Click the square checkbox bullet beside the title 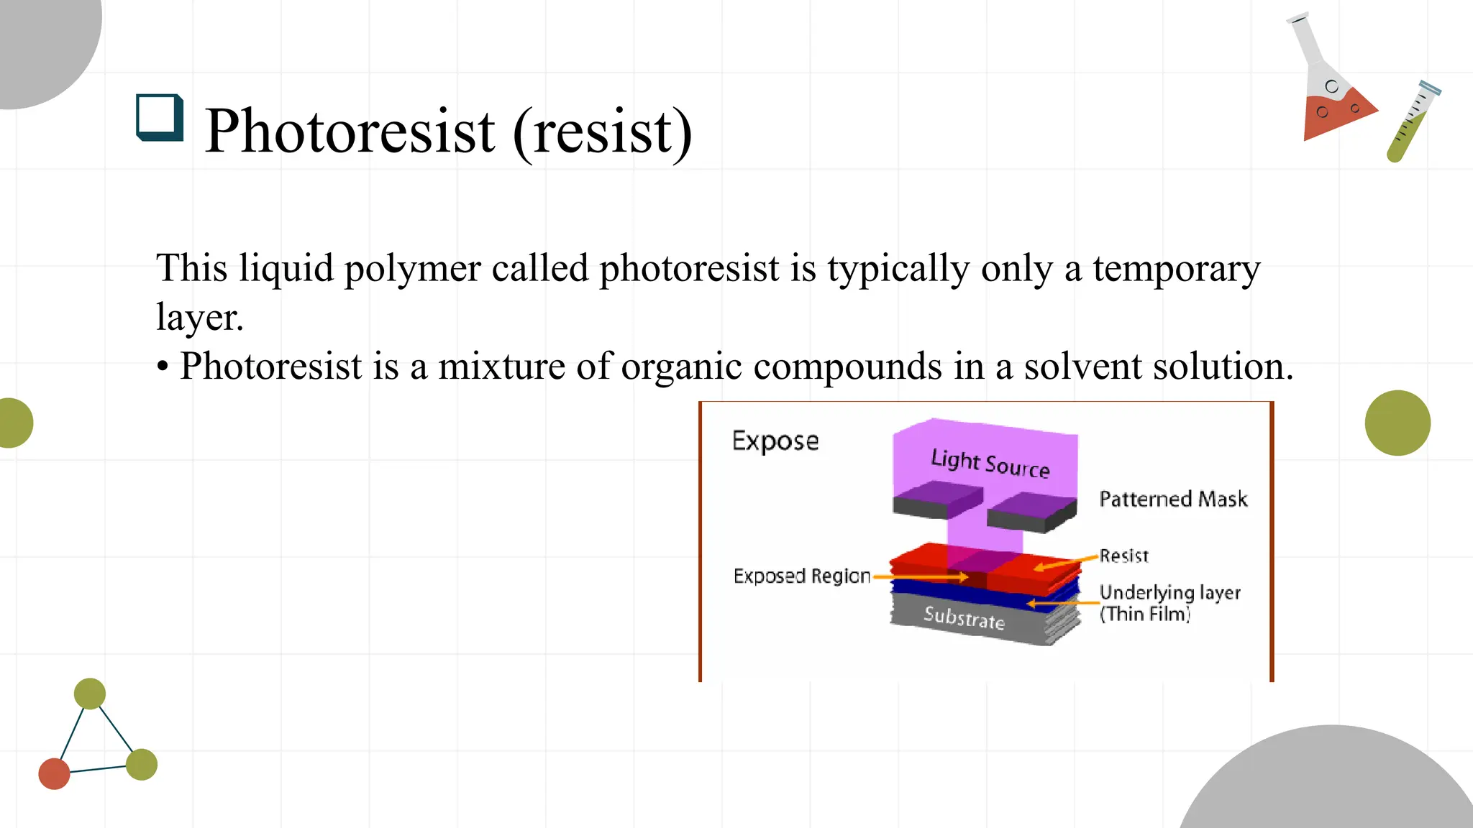tap(159, 117)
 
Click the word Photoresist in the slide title tap(350, 132)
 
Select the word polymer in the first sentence tap(412, 270)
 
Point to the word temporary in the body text tap(1176, 270)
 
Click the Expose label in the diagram tap(775, 441)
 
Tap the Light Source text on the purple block tap(990, 464)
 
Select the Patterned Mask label tap(1173, 499)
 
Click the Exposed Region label tap(801, 576)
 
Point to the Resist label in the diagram tap(1123, 556)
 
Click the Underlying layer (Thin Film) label tap(1169, 602)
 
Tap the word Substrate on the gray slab tap(964, 617)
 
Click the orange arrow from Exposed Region tap(921, 576)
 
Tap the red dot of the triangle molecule tap(54, 773)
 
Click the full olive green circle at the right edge tap(1397, 423)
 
